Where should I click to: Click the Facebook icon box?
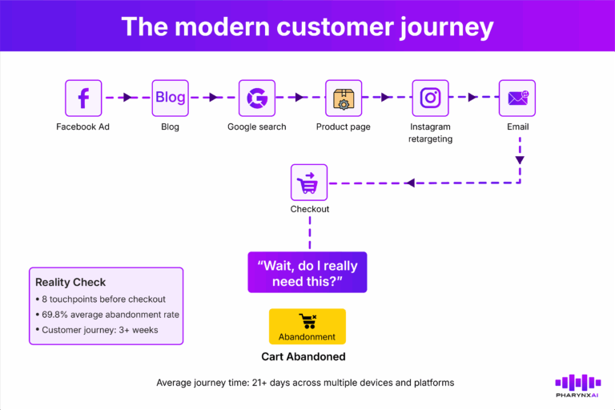(x=83, y=98)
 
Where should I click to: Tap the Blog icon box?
(x=170, y=98)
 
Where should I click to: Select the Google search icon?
(x=256, y=98)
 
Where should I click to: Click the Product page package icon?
(x=343, y=98)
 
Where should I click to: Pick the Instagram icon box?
(x=430, y=98)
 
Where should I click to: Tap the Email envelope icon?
(x=517, y=98)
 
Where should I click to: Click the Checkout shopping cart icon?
(x=309, y=183)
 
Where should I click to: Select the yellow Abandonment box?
(x=307, y=327)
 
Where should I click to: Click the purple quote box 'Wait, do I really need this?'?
(x=307, y=272)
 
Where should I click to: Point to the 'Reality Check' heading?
(x=70, y=282)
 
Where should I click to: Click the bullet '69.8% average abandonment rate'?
(x=108, y=314)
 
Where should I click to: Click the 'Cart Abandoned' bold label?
(x=307, y=357)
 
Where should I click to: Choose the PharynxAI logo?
(x=577, y=386)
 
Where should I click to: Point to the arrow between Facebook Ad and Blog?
(x=127, y=98)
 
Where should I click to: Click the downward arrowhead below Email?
(x=519, y=160)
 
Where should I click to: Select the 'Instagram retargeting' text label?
(x=430, y=133)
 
